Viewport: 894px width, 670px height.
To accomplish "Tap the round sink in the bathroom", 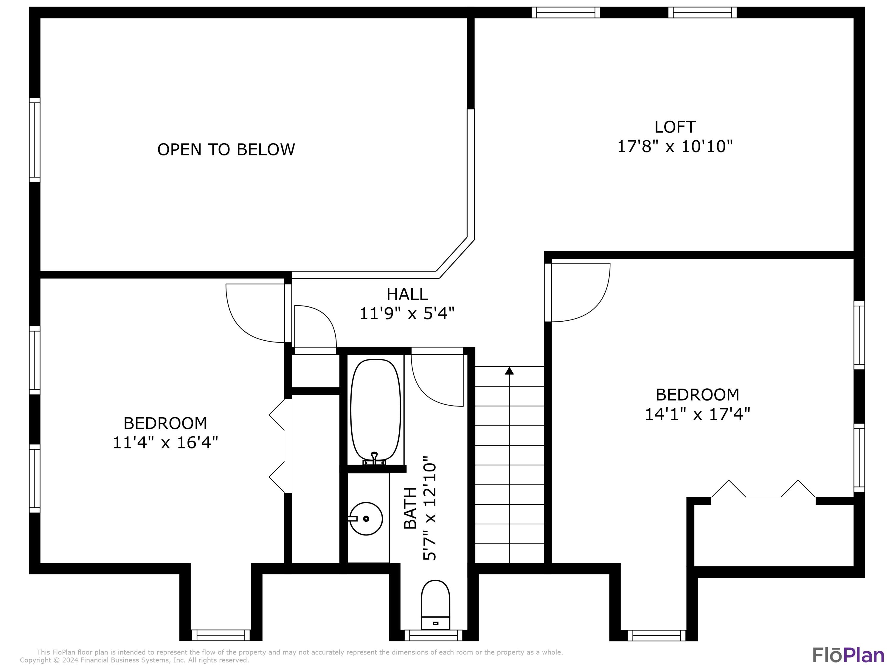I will tap(366, 518).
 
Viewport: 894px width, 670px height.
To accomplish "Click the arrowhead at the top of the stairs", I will tap(509, 371).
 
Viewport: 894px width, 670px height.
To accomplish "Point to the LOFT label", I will tap(675, 127).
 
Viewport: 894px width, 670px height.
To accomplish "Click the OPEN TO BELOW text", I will tap(226, 150).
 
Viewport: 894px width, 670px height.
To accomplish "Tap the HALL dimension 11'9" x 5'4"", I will tap(407, 313).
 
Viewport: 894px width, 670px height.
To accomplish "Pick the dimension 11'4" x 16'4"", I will tap(165, 442).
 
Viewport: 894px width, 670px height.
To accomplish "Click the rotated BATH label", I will tap(410, 508).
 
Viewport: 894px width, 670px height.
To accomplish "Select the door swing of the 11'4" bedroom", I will tap(255, 313).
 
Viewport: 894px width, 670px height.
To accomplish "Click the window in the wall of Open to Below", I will tap(35, 140).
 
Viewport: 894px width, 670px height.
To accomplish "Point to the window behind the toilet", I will tap(433, 635).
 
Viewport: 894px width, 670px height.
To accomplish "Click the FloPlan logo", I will tap(848, 655).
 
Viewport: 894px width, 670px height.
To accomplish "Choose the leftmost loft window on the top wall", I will tap(565, 13).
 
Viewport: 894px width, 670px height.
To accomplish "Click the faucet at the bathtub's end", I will tap(374, 458).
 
